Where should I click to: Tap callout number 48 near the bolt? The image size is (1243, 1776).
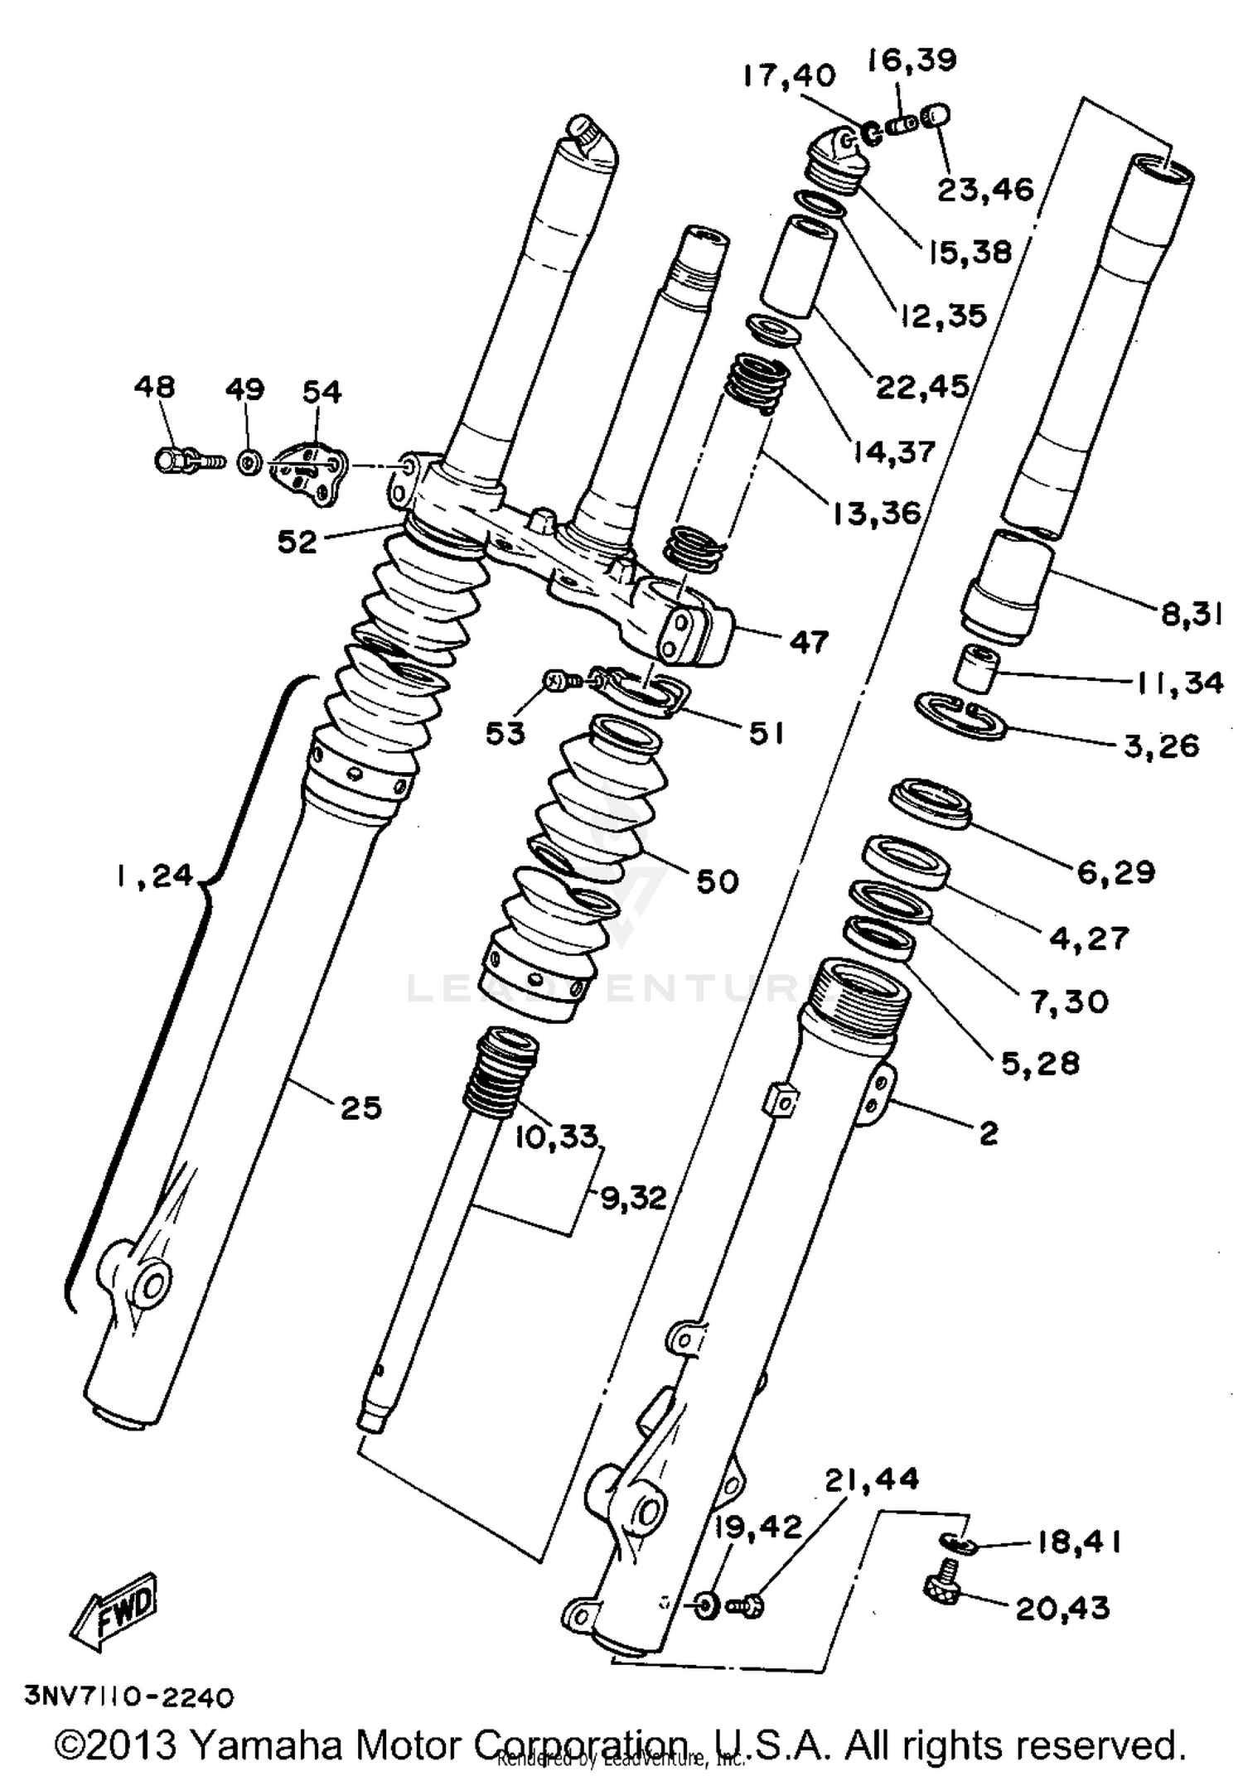pyautogui.click(x=154, y=387)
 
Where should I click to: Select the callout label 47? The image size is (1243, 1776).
pyautogui.click(x=809, y=641)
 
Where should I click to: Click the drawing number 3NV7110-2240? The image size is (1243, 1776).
pyautogui.click(x=129, y=1697)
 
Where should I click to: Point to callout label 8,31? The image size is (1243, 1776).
pyautogui.click(x=1191, y=615)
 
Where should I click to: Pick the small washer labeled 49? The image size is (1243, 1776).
pyautogui.click(x=248, y=461)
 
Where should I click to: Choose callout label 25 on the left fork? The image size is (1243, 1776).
pyautogui.click(x=361, y=1108)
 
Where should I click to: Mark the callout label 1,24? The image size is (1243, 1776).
pyautogui.click(x=156, y=876)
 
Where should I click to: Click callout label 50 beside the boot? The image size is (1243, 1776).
pyautogui.click(x=717, y=881)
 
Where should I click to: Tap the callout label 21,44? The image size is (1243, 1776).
pyautogui.click(x=872, y=1479)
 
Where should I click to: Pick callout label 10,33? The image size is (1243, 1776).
pyautogui.click(x=556, y=1137)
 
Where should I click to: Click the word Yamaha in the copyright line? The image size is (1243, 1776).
pyautogui.click(x=268, y=1745)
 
